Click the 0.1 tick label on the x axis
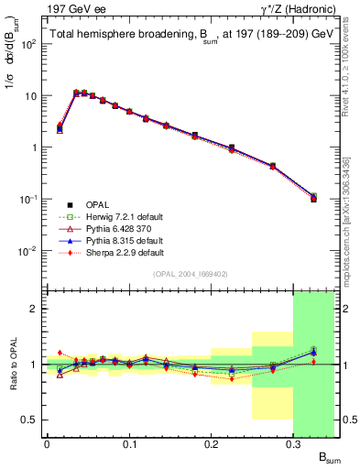[129, 443]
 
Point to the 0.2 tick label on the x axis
[212, 443]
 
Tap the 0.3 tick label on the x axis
[293, 443]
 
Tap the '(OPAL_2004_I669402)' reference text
[178, 273]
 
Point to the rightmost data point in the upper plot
[313, 198]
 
